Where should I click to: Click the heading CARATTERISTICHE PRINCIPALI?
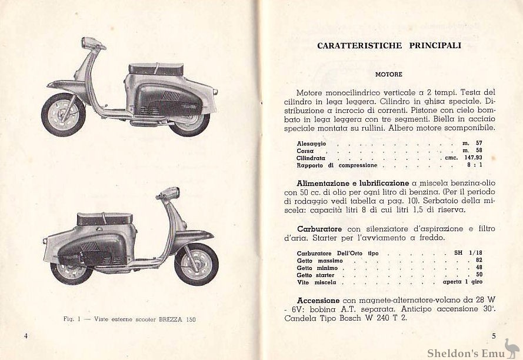point(389,45)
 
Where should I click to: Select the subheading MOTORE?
point(389,75)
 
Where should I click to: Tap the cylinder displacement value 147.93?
point(469,158)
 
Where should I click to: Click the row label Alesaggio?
point(311,144)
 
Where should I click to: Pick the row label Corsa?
point(305,151)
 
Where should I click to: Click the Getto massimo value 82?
point(479,260)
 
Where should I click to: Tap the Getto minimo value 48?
point(479,268)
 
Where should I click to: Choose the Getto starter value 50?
point(479,275)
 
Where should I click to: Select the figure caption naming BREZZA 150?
point(129,319)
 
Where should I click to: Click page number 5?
point(494,336)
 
